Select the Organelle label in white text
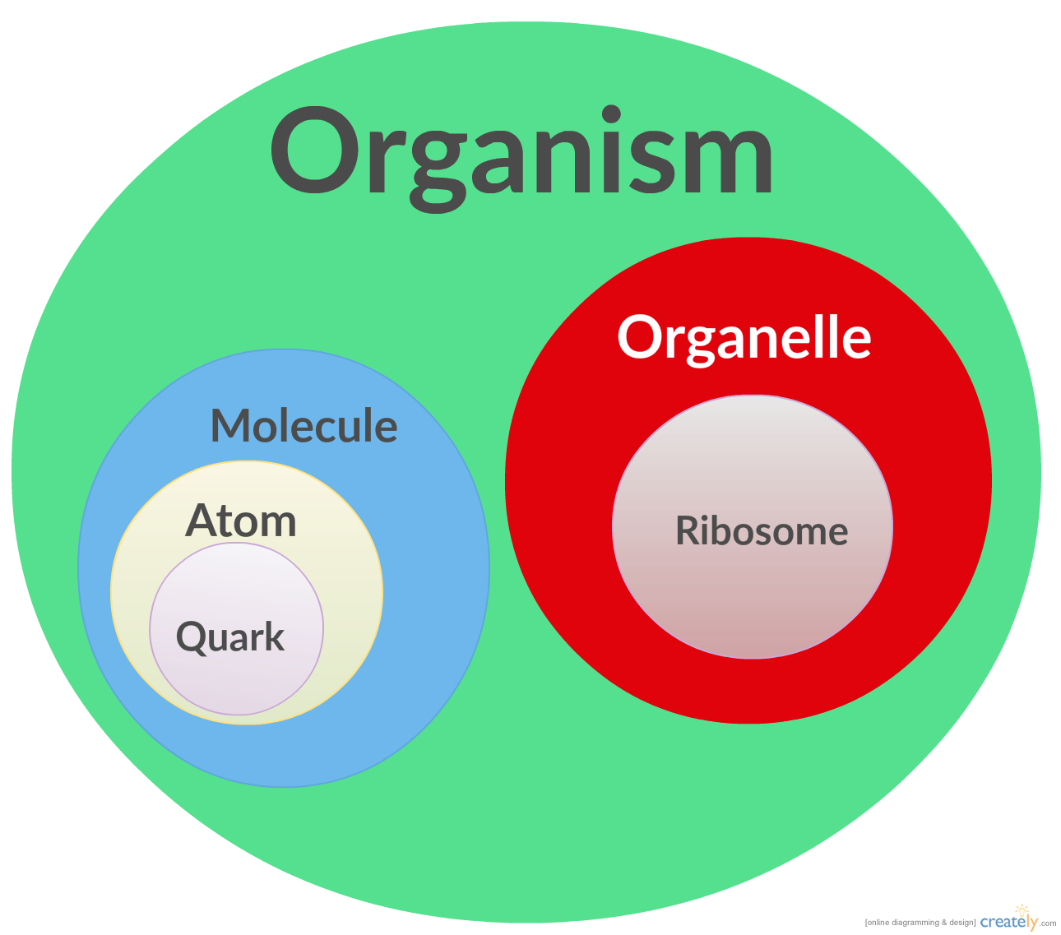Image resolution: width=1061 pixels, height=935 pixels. pos(744,337)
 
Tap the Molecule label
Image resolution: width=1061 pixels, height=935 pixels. pos(303,426)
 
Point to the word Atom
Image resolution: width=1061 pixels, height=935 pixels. pos(241,521)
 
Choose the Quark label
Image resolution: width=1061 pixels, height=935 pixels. pos(230,637)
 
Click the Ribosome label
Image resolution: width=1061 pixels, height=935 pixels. pos(762,530)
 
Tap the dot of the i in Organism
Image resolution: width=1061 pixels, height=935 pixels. pos(610,114)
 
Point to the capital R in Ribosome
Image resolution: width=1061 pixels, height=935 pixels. pos(688,530)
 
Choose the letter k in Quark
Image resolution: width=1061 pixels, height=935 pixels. pos(275,636)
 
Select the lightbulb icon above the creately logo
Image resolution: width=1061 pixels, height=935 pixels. pos(1022,910)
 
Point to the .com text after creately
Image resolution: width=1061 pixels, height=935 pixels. pos(1049,923)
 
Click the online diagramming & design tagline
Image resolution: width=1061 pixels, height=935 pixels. pos(920,923)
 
